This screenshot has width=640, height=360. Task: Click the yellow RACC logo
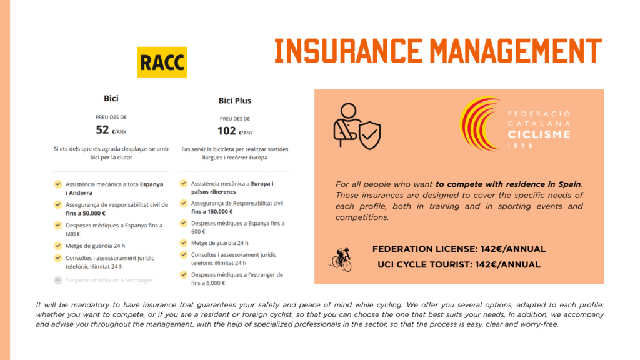162,62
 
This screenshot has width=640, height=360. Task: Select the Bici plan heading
111,98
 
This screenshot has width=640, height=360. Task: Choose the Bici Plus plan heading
235,101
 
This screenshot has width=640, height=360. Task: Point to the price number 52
102,130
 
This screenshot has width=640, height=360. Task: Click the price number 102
226,131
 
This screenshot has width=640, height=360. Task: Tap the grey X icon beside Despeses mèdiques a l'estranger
58,280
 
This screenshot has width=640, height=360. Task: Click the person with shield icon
357,126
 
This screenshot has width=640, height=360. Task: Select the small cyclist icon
342,259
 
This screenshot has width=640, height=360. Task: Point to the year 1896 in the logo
521,145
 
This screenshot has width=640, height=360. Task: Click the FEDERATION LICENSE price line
459,249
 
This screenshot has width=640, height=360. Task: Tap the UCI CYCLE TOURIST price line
459,264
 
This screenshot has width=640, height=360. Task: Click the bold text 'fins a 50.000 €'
86,213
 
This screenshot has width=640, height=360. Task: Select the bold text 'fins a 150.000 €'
212,211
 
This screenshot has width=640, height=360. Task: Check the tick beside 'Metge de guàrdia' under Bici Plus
184,243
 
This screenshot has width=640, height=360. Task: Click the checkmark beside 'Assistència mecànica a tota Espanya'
58,184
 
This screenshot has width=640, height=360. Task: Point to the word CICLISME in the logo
539,134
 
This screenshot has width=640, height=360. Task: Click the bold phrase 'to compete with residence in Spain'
508,184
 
